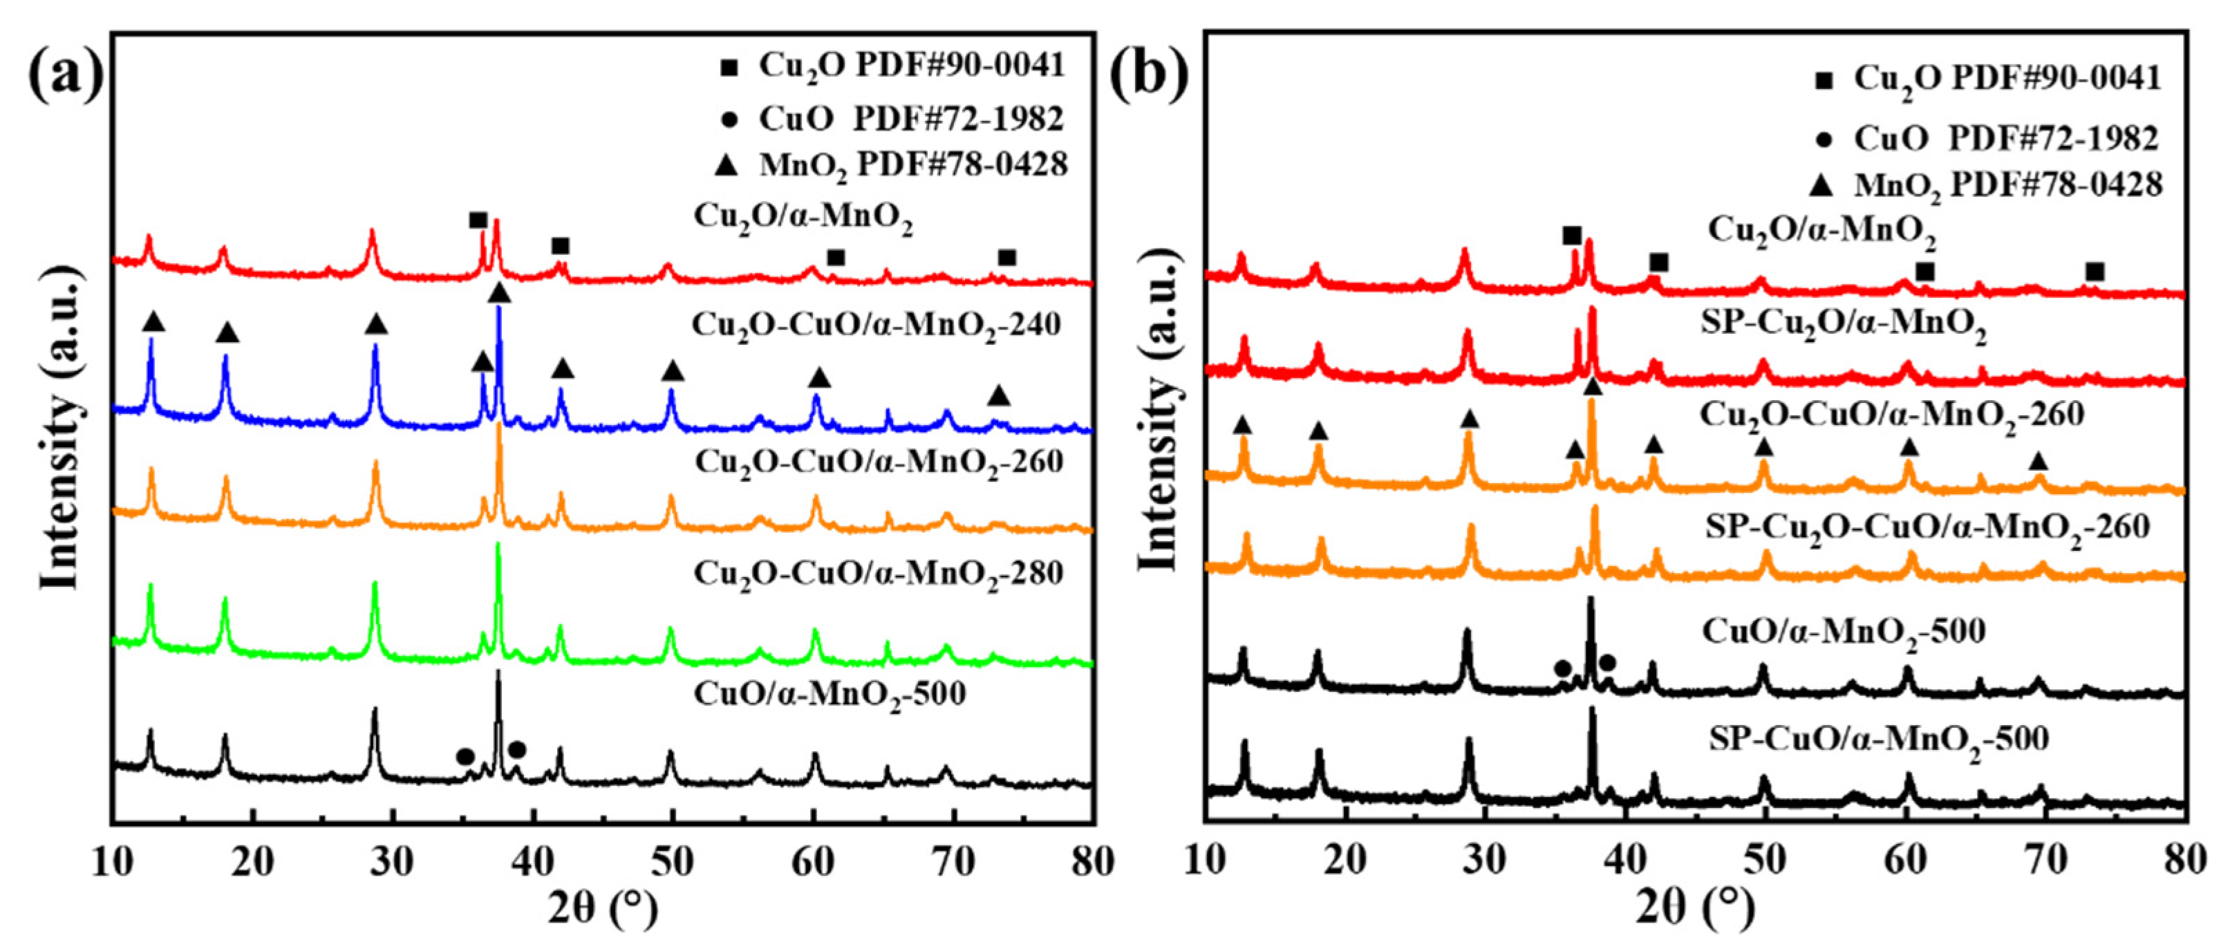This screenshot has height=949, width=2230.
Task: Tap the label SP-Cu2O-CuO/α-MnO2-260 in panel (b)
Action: click(1927, 527)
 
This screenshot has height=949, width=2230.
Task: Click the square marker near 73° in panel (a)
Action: click(1006, 258)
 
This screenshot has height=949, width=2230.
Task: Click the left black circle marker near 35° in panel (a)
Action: click(465, 756)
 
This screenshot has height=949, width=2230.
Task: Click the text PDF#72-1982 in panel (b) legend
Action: click(2069, 138)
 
